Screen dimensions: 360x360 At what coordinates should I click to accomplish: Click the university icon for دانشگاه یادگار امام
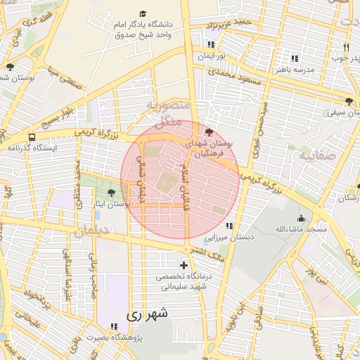[x=143, y=14]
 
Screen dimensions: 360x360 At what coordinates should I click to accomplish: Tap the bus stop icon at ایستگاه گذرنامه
[x=32, y=137]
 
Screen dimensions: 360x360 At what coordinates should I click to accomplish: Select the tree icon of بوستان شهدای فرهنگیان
[x=208, y=131]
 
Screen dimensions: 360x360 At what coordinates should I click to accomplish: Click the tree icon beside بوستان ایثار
[x=111, y=193]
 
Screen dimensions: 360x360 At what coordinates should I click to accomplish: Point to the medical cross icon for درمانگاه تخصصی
[x=184, y=265]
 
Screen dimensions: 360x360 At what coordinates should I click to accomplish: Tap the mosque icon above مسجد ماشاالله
[x=302, y=218]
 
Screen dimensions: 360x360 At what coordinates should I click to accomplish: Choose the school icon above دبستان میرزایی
[x=229, y=226]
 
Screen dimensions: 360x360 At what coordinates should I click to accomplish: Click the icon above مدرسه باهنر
[x=295, y=58]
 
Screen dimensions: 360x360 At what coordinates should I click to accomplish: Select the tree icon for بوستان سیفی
[x=349, y=101]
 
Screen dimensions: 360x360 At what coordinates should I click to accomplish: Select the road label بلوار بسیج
[x=75, y=118]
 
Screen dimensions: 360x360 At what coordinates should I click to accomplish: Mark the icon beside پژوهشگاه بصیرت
[x=114, y=326]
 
